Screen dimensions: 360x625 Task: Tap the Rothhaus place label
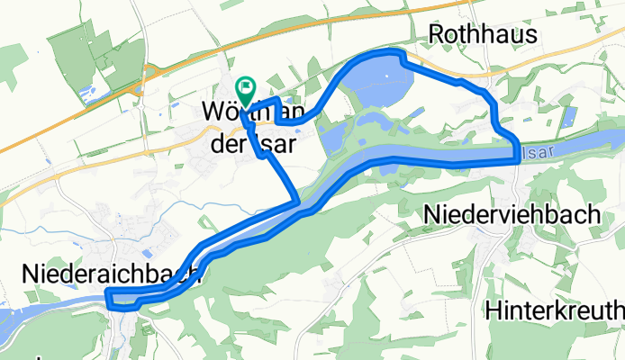click(x=483, y=34)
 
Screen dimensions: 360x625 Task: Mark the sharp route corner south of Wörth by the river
click(x=297, y=203)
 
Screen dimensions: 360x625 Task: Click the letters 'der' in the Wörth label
click(x=227, y=146)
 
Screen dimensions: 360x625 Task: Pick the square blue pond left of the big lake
click(x=330, y=138)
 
